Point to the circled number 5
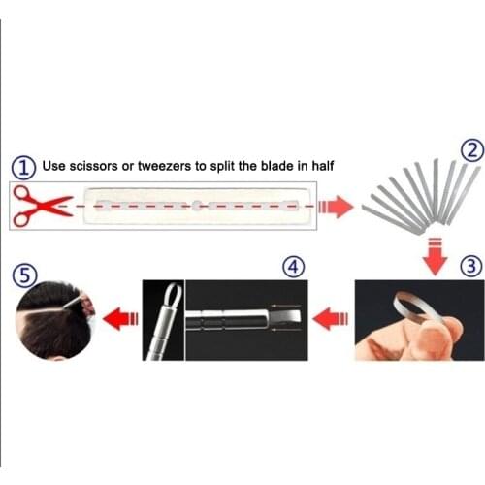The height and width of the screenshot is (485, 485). pos(20,274)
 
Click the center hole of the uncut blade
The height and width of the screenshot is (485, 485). pos(197,206)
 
